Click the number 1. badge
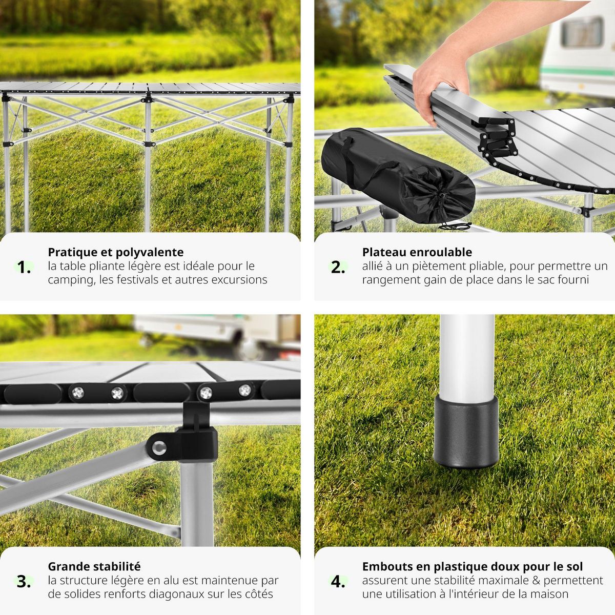(24, 267)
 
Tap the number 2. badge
(338, 267)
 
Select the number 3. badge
(24, 581)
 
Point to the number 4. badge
(338, 581)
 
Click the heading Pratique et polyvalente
(115, 252)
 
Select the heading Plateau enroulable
(417, 252)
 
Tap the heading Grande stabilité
(94, 566)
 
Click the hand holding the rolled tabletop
(441, 77)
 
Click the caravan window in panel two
(581, 32)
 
